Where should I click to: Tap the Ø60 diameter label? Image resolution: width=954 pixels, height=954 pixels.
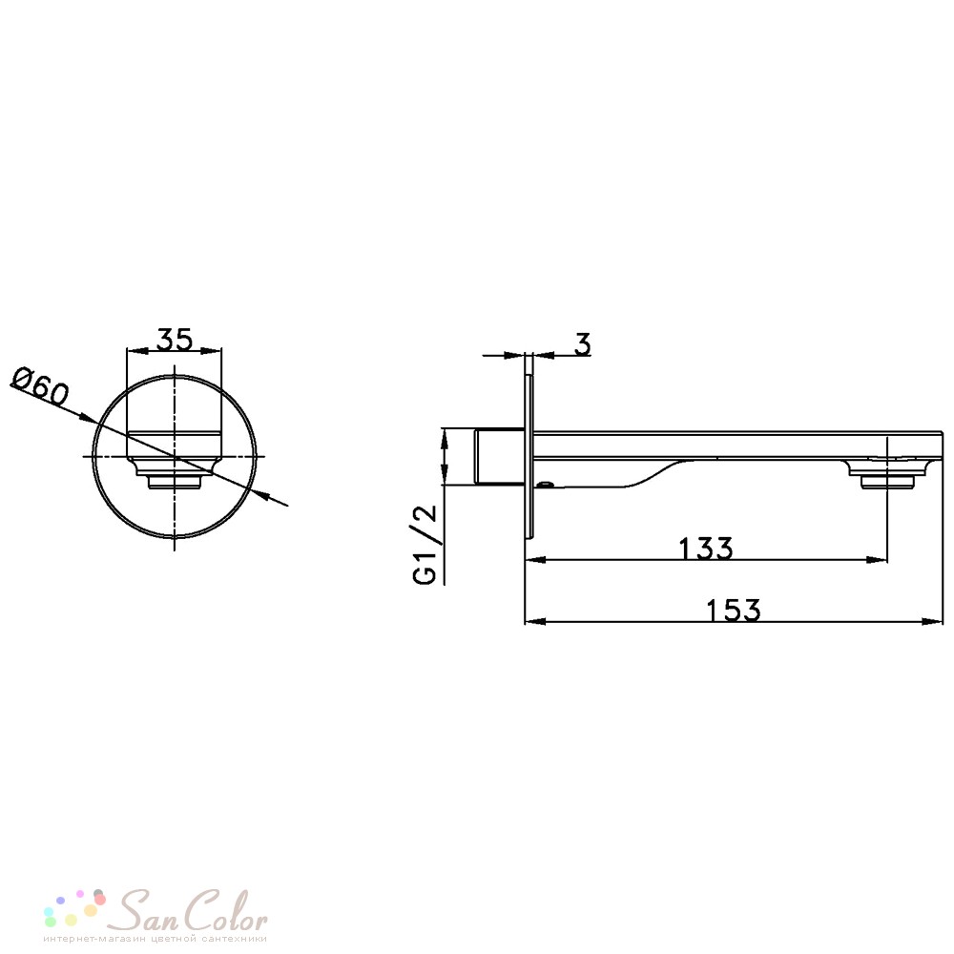[41, 386]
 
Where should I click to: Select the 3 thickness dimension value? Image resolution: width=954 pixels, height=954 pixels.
[583, 344]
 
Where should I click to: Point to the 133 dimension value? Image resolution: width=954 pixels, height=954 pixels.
[706, 548]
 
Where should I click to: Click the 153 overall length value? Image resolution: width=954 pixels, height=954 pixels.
[733, 610]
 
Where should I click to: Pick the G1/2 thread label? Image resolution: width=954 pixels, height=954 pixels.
[425, 544]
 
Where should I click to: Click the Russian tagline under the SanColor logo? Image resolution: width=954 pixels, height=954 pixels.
[156, 939]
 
